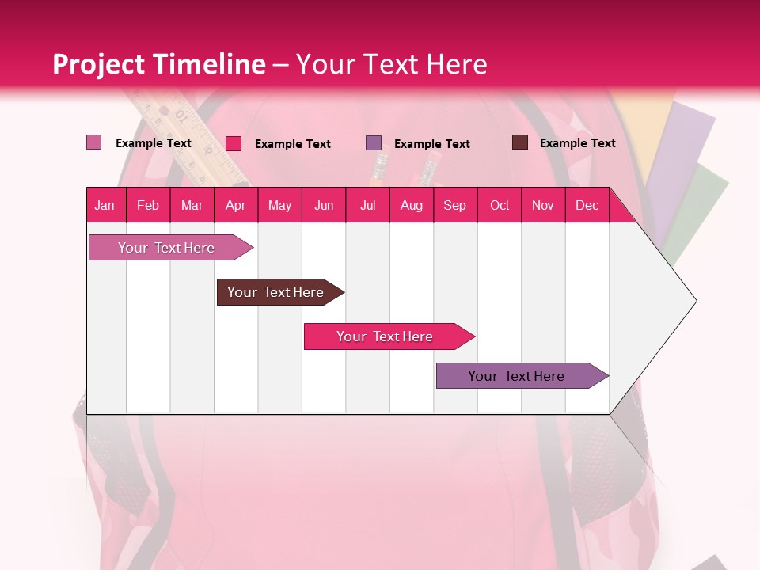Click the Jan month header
pyautogui.click(x=105, y=205)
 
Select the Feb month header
pyautogui.click(x=148, y=205)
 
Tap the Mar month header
pyautogui.click(x=192, y=205)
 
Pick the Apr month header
pyautogui.click(x=236, y=205)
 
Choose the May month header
pyautogui.click(x=279, y=205)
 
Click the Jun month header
pyautogui.click(x=324, y=205)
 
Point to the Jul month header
pyautogui.click(x=367, y=205)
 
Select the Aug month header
pyautogui.click(x=411, y=205)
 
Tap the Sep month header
pyautogui.click(x=454, y=205)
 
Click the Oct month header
pyautogui.click(x=500, y=205)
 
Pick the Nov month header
pyautogui.click(x=542, y=205)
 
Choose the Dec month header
pyautogui.click(x=587, y=205)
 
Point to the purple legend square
pyautogui.click(x=374, y=143)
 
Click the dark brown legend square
pyautogui.click(x=519, y=142)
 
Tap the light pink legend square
pyautogui.click(x=94, y=142)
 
